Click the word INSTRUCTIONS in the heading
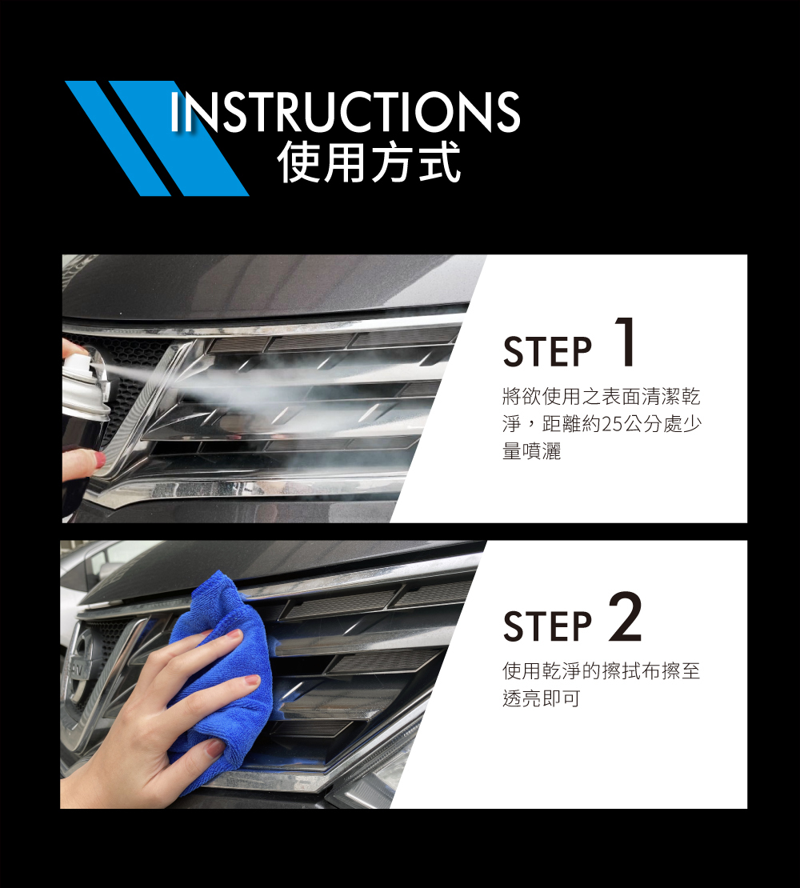click(345, 111)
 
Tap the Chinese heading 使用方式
click(369, 162)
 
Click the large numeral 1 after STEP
click(625, 342)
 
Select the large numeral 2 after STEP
click(626, 617)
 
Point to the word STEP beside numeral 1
click(547, 352)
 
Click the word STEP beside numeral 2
click(547, 626)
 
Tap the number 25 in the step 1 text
click(611, 424)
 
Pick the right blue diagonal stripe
click(179, 138)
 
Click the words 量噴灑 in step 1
click(531, 451)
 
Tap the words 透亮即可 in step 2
click(542, 698)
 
